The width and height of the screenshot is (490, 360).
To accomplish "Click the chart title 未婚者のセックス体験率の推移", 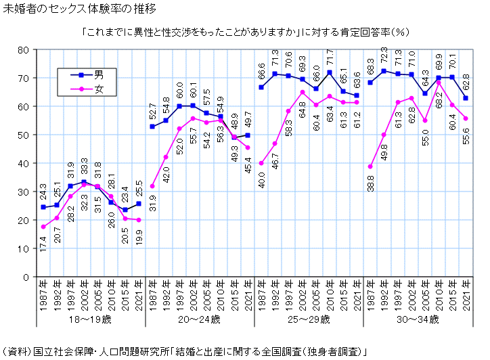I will (80, 9).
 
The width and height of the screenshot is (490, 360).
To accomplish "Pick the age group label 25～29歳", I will (309, 318).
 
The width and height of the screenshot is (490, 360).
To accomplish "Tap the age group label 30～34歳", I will (418, 318).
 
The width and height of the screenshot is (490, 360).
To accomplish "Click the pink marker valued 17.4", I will (43, 227).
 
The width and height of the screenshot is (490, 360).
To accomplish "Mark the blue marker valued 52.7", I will (152, 127).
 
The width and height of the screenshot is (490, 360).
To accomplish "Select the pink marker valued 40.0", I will (261, 163).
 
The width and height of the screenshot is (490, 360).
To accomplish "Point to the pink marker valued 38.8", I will (370, 166).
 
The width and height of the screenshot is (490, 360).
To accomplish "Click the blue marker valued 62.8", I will (466, 98).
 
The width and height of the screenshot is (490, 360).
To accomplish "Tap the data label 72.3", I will (384, 56).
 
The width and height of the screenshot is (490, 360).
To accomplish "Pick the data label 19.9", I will (139, 240).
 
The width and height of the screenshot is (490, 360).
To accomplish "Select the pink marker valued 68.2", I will (439, 83).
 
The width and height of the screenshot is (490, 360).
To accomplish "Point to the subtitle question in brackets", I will (244, 31).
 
